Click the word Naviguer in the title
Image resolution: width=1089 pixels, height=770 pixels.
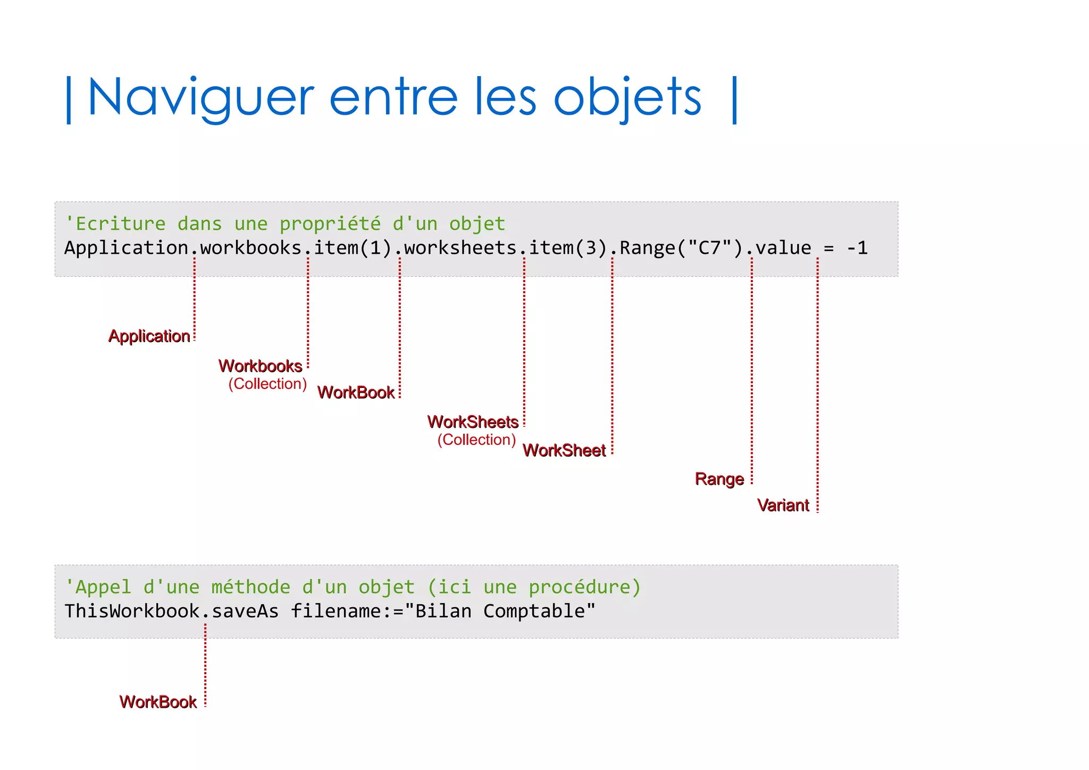201,97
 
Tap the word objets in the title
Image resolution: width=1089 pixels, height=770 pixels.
627,97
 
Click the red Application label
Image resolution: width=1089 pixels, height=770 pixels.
149,336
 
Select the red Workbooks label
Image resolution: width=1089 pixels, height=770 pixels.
260,366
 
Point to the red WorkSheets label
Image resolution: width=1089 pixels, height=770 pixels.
473,422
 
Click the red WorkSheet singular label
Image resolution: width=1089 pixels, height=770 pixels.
564,451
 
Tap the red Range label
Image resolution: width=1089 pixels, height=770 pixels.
719,479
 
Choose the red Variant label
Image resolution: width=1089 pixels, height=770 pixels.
783,505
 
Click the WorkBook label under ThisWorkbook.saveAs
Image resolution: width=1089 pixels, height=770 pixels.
158,702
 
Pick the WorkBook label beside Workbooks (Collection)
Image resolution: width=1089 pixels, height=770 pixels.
356,393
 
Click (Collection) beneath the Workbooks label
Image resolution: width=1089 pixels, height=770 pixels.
267,384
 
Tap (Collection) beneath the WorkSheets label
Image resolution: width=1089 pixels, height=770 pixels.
476,440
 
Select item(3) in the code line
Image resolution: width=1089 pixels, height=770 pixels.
567,248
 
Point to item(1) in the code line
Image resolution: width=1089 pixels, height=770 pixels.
353,248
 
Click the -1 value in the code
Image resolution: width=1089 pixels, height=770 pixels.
857,248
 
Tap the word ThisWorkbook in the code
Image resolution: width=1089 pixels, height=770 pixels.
132,611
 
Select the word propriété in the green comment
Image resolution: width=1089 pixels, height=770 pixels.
330,224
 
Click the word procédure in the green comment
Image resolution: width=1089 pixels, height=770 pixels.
584,587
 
